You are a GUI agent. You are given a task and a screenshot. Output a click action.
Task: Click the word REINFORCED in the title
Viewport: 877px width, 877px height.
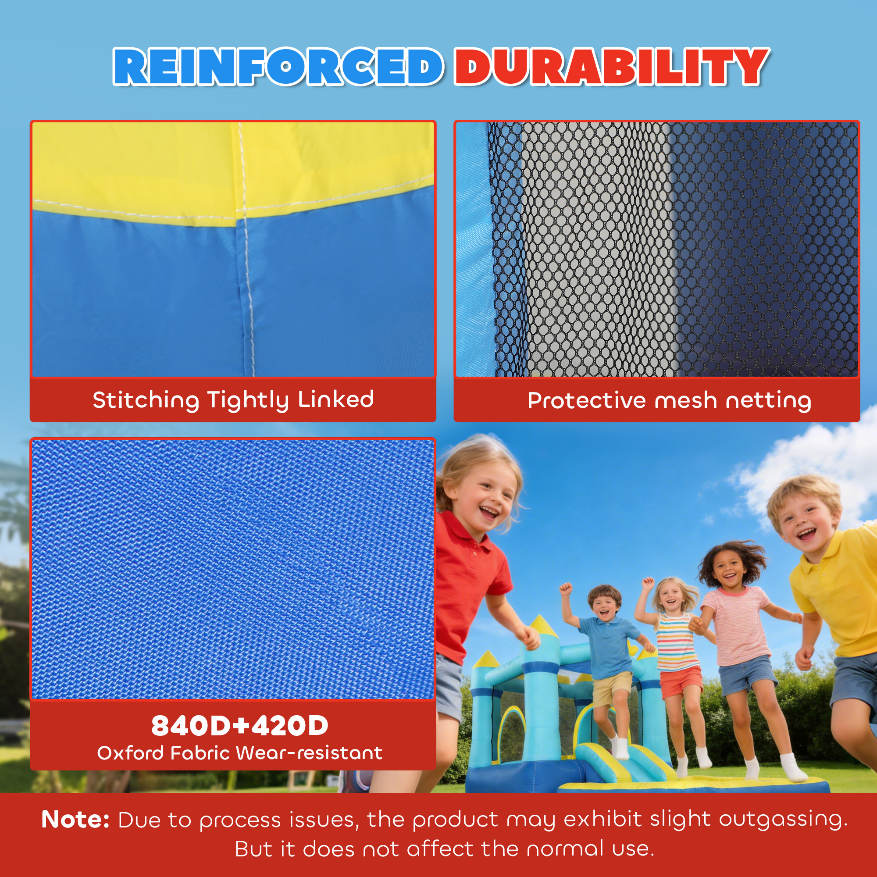pyautogui.click(x=278, y=67)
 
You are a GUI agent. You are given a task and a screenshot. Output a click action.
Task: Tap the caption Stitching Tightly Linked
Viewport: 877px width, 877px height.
pyautogui.click(x=233, y=400)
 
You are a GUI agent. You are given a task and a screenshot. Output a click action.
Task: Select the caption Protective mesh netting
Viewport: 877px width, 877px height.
pyautogui.click(x=669, y=401)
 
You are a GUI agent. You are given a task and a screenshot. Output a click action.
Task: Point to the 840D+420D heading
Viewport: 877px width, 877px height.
pyautogui.click(x=240, y=725)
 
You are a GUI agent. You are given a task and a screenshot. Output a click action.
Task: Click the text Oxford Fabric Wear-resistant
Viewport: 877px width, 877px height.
pyautogui.click(x=240, y=753)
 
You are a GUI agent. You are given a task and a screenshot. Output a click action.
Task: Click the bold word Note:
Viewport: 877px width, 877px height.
pyautogui.click(x=75, y=820)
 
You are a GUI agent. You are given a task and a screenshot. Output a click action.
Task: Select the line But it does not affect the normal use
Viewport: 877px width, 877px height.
pyautogui.click(x=444, y=849)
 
